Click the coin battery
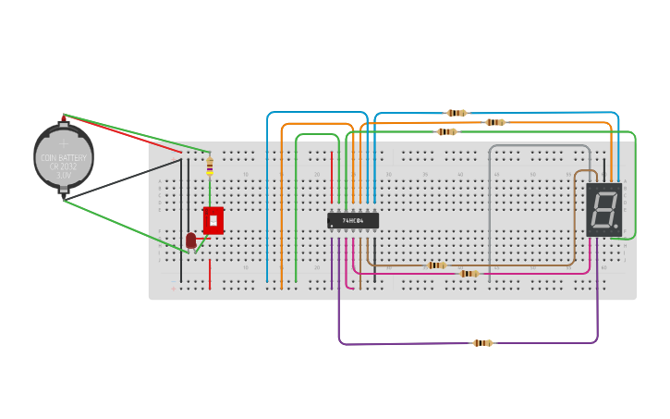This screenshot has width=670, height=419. tap(63, 155)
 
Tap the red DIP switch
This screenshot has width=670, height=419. tap(213, 220)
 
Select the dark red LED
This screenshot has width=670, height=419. tap(191, 240)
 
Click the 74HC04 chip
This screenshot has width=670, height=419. tap(352, 220)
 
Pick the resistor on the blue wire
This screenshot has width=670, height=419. tap(457, 113)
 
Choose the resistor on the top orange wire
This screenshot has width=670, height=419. tap(495, 122)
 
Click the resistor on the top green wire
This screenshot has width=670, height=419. tap(446, 131)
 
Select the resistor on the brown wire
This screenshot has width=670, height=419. tap(437, 265)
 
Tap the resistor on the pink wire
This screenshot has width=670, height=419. tap(469, 274)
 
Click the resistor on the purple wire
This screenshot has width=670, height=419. tap(482, 343)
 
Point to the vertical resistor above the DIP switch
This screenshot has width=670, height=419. tap(210, 166)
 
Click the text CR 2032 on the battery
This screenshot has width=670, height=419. tap(64, 166)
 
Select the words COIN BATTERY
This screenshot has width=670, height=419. tap(64, 158)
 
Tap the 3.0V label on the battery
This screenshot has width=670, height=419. tap(64, 175)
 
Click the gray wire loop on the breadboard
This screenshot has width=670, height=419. tap(540, 146)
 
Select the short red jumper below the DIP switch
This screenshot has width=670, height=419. tap(210, 274)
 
